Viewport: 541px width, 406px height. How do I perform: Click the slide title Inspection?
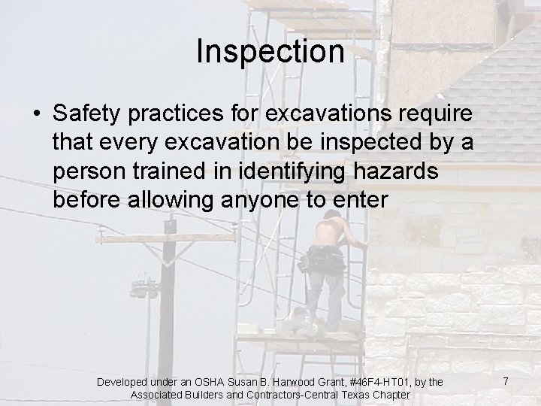tap(270, 53)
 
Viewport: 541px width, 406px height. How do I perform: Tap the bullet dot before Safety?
tap(35, 114)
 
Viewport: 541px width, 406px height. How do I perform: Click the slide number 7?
tap(506, 382)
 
